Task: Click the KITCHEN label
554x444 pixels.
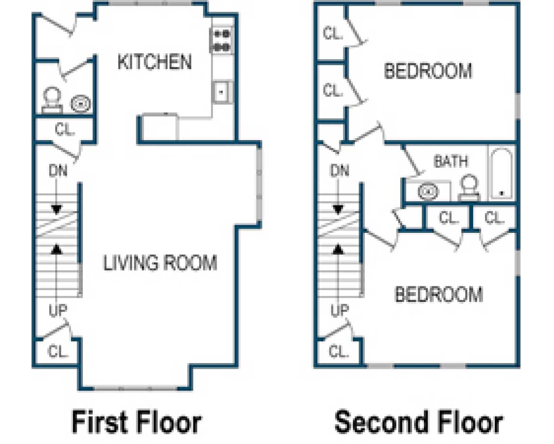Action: point(154,62)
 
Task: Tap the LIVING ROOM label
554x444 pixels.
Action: point(160,263)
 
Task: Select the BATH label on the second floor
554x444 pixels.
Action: point(451,161)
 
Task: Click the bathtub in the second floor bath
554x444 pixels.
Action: point(501,174)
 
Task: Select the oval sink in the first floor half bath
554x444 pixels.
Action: point(81,104)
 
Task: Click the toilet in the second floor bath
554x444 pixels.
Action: point(469,188)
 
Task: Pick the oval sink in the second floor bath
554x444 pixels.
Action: point(428,191)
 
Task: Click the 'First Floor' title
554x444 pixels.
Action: point(136,422)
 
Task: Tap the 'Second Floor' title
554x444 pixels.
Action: point(418,422)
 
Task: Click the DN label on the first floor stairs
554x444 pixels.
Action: point(58,171)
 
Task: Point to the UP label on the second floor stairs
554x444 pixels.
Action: point(339,311)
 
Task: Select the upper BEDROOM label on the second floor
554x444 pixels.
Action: point(428,71)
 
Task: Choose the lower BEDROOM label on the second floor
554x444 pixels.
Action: point(439,294)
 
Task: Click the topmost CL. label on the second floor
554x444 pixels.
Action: point(333,33)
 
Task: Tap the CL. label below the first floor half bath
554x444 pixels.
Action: point(65,130)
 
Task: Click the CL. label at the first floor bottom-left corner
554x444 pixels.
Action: point(59,351)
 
